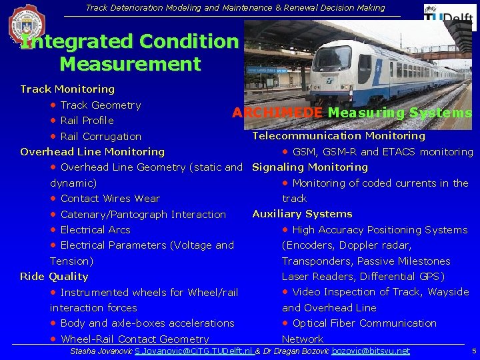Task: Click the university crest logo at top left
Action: [27, 25]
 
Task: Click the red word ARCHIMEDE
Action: [277, 113]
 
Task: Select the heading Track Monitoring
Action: [67, 89]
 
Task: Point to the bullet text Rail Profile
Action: [87, 121]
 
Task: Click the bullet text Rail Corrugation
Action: [101, 137]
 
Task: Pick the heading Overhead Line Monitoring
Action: [92, 152]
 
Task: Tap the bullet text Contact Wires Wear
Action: [110, 199]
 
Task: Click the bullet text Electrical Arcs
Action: [95, 230]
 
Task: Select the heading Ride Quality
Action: [54, 277]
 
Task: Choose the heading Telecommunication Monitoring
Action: [338, 136]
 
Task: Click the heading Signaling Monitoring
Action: [310, 167]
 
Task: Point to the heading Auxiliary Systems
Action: [302, 214]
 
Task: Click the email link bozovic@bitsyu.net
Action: [371, 351]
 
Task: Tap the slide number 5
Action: [473, 351]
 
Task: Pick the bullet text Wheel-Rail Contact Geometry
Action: [134, 339]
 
